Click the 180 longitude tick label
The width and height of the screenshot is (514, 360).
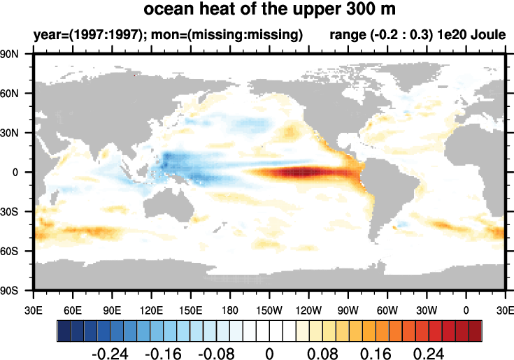[230, 309]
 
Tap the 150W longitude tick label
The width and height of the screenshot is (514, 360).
[269, 309]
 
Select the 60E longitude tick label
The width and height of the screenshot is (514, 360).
[73, 309]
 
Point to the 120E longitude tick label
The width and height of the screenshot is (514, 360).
[151, 309]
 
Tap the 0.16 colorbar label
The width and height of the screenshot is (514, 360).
[385, 352]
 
